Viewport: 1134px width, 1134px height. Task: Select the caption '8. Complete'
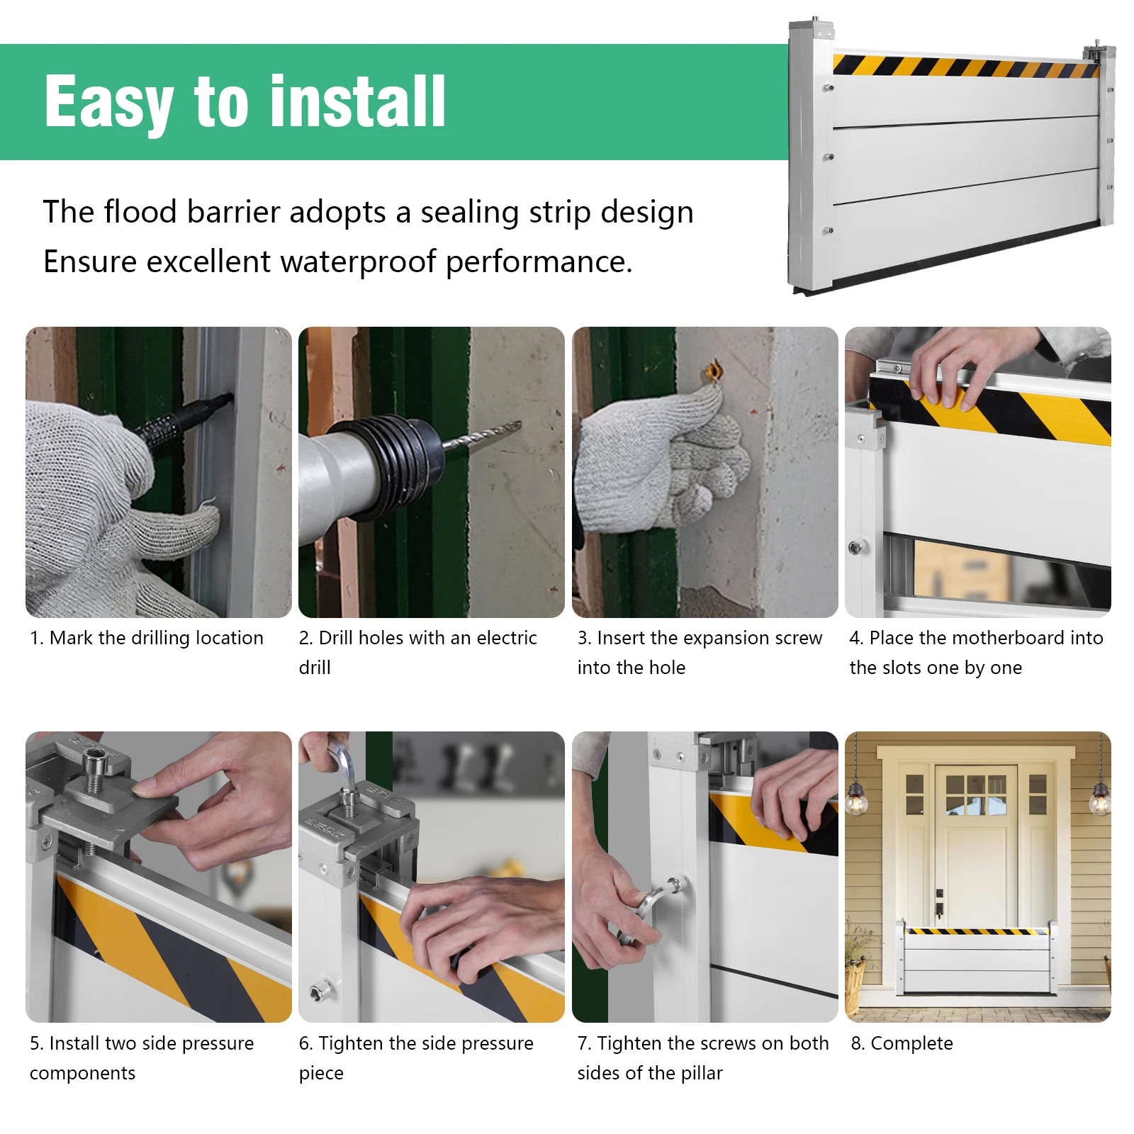902,1043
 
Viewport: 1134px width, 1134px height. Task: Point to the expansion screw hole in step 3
713,371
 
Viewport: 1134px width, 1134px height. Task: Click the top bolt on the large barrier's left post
828,88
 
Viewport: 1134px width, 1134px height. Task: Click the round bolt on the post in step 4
855,547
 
